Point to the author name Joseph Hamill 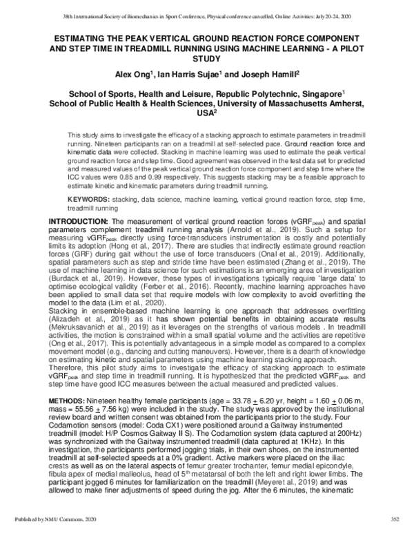(267, 74)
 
